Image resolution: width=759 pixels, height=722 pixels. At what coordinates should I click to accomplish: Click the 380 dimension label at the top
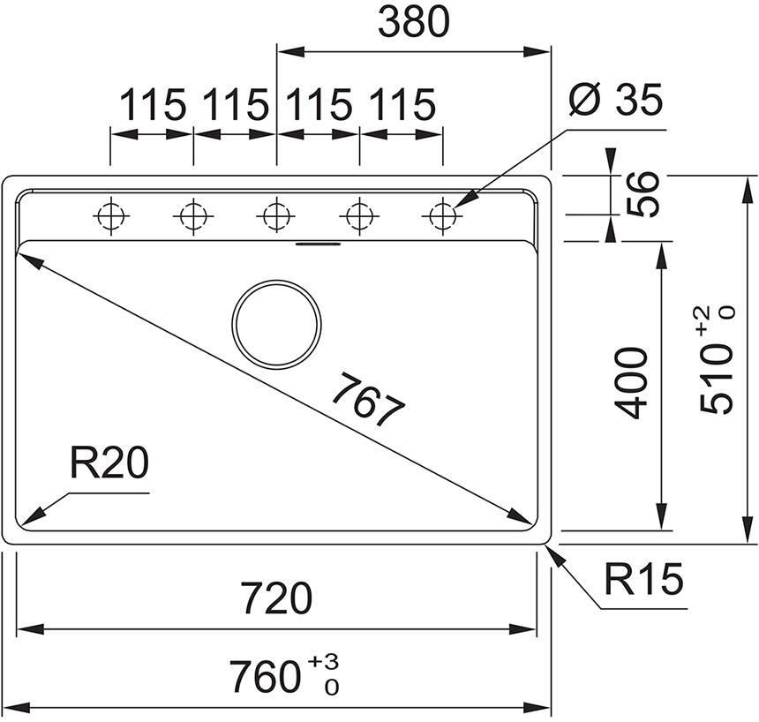(x=413, y=24)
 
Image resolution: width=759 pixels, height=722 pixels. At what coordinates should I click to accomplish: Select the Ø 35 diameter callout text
(x=615, y=102)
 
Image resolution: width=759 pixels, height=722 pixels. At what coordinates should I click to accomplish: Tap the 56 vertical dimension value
(x=645, y=194)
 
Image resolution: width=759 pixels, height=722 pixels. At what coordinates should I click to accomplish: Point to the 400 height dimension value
(x=632, y=382)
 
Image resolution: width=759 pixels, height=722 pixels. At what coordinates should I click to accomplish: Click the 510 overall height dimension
(x=716, y=371)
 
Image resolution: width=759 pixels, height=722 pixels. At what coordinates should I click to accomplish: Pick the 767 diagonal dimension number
(x=368, y=402)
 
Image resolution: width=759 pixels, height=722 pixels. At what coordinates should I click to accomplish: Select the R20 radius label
(x=109, y=463)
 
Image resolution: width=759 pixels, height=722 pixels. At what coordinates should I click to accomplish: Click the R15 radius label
(x=643, y=580)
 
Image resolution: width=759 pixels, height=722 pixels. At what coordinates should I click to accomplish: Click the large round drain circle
(x=276, y=324)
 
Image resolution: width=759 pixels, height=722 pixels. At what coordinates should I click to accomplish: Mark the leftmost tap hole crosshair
(x=110, y=215)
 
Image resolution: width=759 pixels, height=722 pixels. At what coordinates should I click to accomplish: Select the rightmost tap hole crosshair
(x=442, y=215)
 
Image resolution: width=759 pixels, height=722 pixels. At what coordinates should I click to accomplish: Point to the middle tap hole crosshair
(x=276, y=215)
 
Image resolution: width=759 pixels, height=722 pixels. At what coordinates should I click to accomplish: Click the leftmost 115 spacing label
(x=153, y=105)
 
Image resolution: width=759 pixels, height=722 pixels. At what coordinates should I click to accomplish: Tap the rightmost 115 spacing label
(x=402, y=105)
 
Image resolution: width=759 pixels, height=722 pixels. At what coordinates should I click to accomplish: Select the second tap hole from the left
(x=193, y=215)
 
